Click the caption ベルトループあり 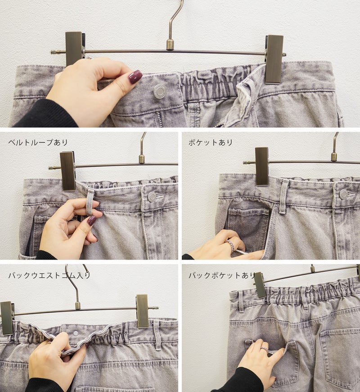coord(38,142)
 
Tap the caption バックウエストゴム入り coord(49,275)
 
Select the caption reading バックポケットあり coord(222,275)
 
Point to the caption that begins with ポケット coord(211,142)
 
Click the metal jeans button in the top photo coord(159,91)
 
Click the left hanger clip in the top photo coord(74,48)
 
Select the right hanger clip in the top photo coord(274,59)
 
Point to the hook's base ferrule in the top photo coord(170,45)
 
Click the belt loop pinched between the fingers coord(90,202)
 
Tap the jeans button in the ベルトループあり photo coord(152,197)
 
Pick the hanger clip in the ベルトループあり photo coord(67,171)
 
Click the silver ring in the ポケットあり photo coord(231,246)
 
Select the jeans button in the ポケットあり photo coord(343,194)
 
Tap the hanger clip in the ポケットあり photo coord(262,166)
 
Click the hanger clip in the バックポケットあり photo coord(259,285)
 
